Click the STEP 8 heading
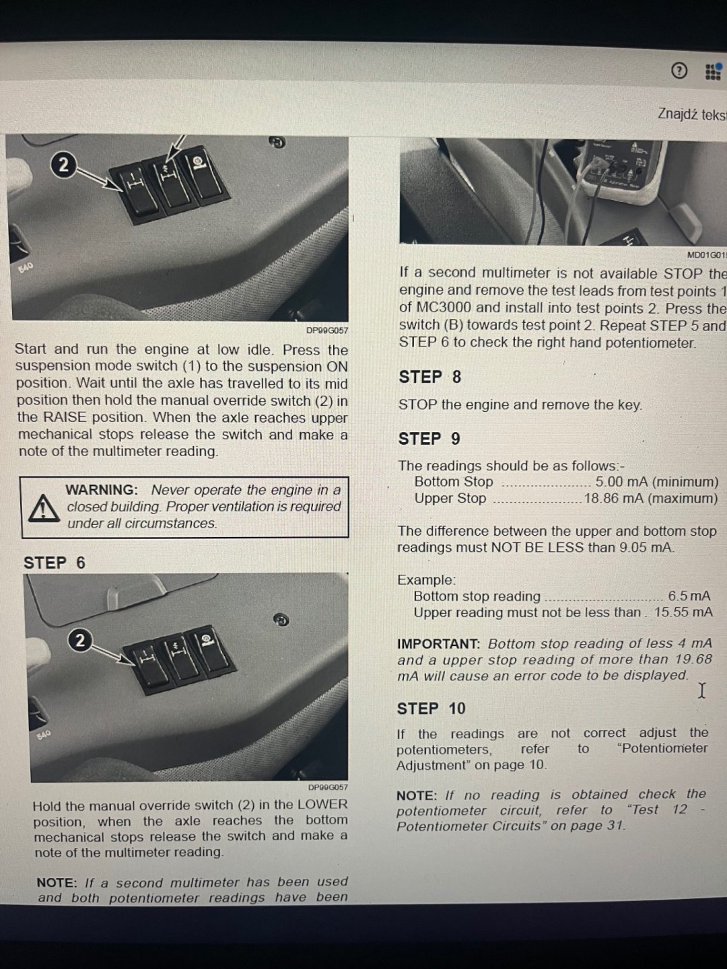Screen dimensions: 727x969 point(430,377)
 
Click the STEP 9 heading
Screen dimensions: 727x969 point(429,439)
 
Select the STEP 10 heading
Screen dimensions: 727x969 point(431,709)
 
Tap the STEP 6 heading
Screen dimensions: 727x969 point(55,563)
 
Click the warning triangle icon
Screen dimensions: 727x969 point(44,509)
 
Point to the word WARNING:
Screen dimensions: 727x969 point(102,490)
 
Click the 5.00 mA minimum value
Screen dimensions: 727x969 point(657,482)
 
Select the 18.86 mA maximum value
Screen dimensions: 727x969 point(651,499)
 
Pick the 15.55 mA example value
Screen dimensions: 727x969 point(683,612)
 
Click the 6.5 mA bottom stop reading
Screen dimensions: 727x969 point(689,596)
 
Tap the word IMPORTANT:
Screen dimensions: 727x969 point(438,644)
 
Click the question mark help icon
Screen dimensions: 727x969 point(679,70)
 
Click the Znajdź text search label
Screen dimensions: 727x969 point(692,114)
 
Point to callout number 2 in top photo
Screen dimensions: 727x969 point(63,165)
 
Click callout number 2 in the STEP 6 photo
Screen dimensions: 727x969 point(80,641)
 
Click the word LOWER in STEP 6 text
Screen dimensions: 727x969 point(322,804)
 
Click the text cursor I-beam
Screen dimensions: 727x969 point(702,690)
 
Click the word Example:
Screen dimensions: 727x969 point(426,579)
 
